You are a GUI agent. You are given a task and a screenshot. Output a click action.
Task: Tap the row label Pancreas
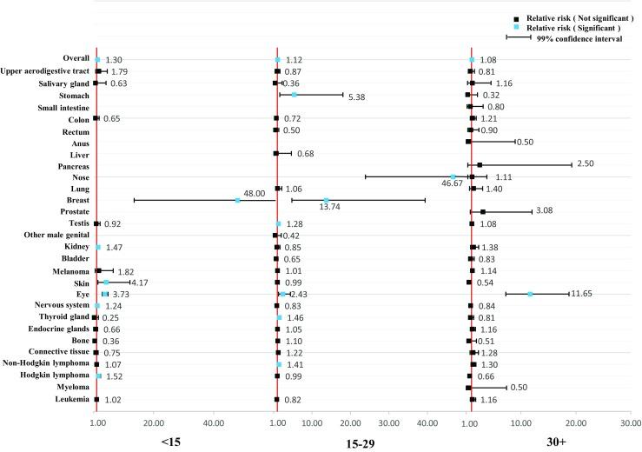pyautogui.click(x=69, y=164)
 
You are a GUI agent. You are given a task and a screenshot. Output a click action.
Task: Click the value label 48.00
pyautogui.click(x=254, y=194)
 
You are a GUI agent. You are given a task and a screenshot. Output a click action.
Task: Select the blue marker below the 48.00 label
pyautogui.click(x=237, y=201)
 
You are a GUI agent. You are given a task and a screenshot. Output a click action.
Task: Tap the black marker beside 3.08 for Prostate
pyautogui.click(x=483, y=211)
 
